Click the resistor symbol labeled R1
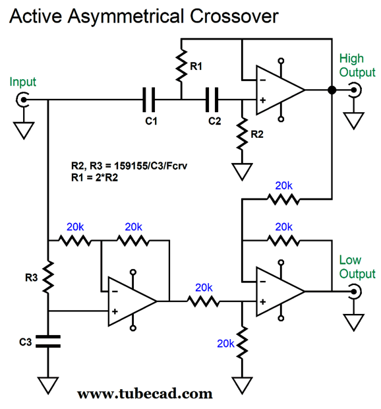[x=181, y=65]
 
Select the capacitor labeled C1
[x=149, y=100]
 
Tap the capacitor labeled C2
[x=212, y=100]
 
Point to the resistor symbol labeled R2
[x=242, y=133]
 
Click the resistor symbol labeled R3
[x=48, y=277]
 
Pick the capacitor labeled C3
[x=48, y=342]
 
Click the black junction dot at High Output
[x=332, y=90]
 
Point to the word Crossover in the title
[x=234, y=16]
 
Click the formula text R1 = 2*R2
[x=95, y=177]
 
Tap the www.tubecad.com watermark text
[x=145, y=394]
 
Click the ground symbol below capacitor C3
[x=48, y=385]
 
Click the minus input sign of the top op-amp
[x=263, y=80]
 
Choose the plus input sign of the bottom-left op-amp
[x=115, y=311]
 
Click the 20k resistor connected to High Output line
[x=283, y=199]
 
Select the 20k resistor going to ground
[x=242, y=342]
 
